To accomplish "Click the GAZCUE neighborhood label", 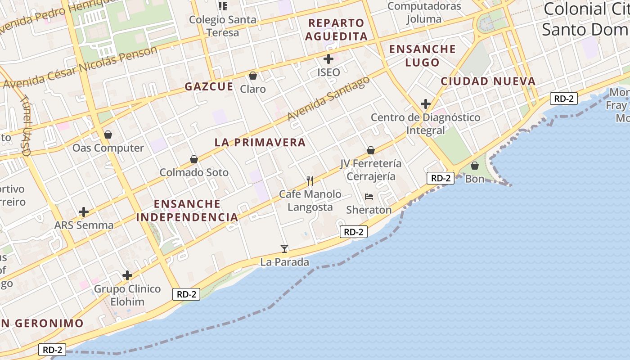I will coord(209,86).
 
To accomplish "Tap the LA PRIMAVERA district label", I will coord(260,143).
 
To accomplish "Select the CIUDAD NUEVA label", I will coord(488,81).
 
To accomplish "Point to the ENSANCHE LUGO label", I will coord(422,55).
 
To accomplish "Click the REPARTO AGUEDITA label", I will coord(336,29).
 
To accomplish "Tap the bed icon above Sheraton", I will coord(369,197).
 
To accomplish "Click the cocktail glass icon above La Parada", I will coord(284,248).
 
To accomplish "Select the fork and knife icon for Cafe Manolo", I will coord(310,181).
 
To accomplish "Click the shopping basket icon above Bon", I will coord(474,166).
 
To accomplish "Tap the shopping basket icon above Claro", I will coord(253,76).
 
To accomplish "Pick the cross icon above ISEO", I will coord(328,59).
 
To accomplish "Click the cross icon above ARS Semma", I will coord(84,211).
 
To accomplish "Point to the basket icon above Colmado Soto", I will coord(194,159).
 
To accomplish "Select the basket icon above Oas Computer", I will coord(108,135).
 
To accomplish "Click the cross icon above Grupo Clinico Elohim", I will coord(127,275).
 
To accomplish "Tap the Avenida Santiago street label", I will coord(329,99).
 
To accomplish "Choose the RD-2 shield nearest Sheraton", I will coord(353,232).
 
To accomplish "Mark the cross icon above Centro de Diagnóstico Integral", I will coord(425,104).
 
